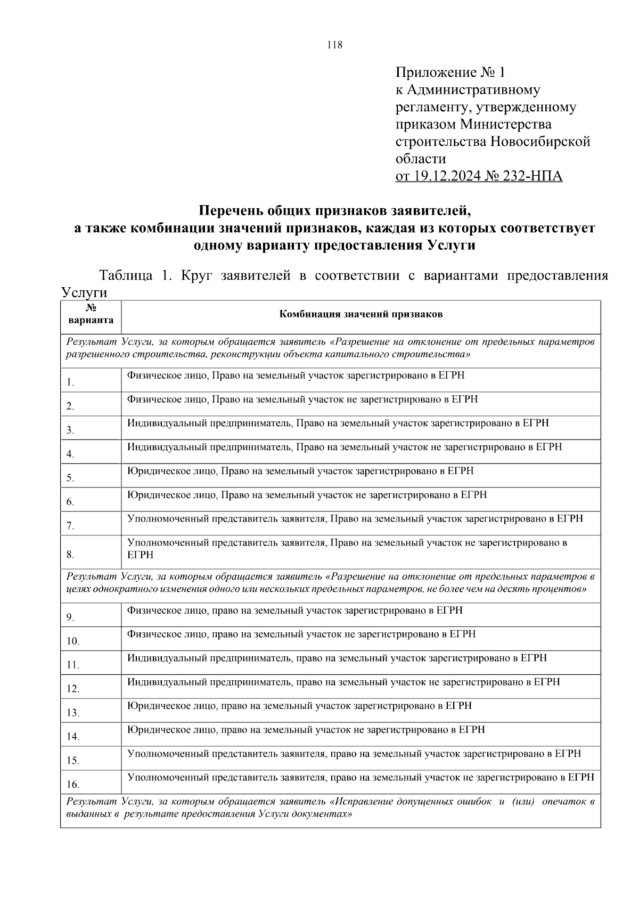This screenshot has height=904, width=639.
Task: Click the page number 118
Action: [335, 45]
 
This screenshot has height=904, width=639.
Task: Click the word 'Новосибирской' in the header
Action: [540, 142]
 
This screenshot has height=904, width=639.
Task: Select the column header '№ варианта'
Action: [91, 315]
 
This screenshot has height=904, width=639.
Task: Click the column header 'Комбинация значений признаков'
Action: [361, 314]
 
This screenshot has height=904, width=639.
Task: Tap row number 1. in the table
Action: [70, 382]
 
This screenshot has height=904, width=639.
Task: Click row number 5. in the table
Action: [70, 478]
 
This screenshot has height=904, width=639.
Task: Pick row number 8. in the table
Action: [70, 555]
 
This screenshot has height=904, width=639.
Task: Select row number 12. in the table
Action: [72, 689]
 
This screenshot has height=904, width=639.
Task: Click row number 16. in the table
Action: [72, 785]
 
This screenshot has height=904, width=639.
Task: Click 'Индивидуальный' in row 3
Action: [167, 423]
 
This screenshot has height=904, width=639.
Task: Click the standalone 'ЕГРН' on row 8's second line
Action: [140, 555]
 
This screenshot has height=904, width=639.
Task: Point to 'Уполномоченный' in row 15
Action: [168, 754]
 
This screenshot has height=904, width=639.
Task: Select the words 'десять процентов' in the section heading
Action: [548, 590]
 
